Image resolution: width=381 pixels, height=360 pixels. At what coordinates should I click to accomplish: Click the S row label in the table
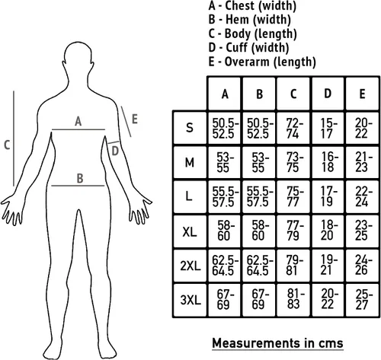pos(190,128)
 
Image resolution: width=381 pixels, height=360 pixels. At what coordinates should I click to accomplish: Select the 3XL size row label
pos(190,300)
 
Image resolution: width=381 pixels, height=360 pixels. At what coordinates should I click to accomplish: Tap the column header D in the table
pos(328,94)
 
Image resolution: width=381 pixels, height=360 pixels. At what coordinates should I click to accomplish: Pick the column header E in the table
pos(362,94)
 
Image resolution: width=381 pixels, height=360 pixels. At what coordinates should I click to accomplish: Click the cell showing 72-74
pos(293,129)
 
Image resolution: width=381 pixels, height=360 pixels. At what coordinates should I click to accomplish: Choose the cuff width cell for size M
pos(328,162)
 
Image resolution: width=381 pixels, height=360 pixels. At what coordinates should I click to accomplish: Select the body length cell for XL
pos(293,231)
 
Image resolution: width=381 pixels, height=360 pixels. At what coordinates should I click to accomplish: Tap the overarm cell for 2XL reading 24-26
pos(363,265)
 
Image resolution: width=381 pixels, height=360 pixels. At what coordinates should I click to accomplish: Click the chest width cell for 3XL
pos(224,300)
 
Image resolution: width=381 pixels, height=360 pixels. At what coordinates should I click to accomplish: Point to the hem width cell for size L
pos(259,197)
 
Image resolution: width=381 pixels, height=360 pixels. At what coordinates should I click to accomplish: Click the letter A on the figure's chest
pos(78,121)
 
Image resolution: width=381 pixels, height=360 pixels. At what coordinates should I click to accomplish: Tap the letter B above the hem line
pos(80,178)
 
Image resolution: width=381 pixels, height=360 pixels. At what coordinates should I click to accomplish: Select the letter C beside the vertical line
pos(7,145)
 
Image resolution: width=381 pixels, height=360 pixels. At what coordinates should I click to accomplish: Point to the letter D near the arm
pos(115,151)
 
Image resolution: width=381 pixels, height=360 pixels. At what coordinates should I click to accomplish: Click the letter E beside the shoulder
pos(135,119)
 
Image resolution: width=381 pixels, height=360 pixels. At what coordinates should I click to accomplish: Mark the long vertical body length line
pos(14,139)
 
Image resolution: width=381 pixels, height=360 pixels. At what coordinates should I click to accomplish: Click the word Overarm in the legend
pos(247,62)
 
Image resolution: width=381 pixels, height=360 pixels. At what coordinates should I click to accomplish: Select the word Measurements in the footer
pos(256,343)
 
